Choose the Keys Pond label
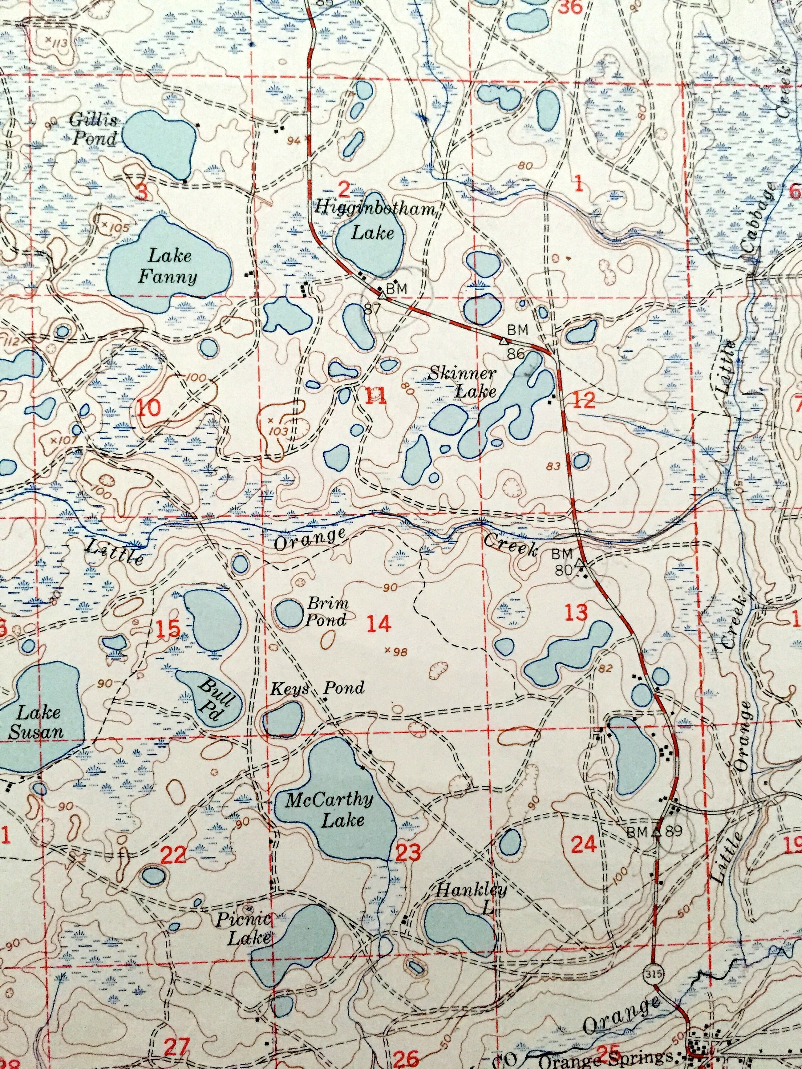coord(317,688)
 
